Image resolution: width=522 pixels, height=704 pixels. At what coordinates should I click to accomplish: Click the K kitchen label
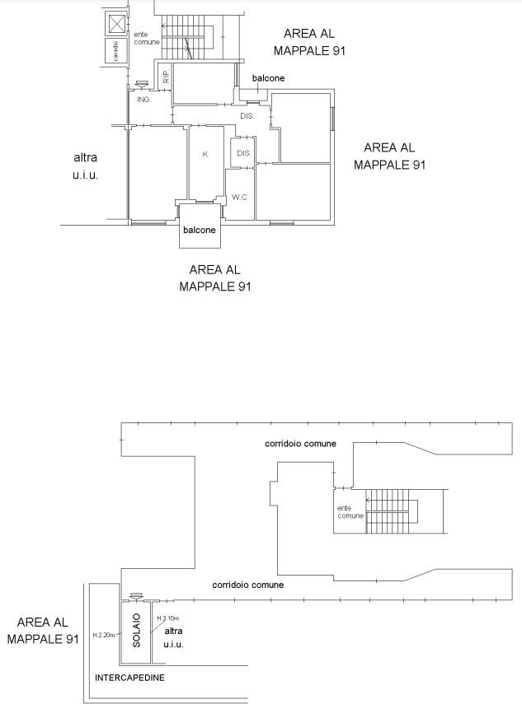205,154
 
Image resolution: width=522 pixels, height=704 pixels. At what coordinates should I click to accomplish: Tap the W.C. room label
240,197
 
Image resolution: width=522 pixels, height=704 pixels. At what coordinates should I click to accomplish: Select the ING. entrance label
143,100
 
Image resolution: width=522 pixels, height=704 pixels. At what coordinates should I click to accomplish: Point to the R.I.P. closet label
166,76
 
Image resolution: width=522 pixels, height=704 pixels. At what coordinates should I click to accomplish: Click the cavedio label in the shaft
115,51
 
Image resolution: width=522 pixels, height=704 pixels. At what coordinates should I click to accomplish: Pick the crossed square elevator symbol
116,23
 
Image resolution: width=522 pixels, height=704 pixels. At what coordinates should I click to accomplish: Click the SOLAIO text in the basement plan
137,631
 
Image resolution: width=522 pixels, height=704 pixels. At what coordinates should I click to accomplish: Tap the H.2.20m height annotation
104,635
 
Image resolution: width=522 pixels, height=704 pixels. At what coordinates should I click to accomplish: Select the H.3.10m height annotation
168,618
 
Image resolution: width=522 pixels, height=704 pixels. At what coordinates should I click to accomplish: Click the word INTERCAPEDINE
129,678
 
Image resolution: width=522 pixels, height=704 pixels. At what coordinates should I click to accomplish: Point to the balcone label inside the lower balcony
200,230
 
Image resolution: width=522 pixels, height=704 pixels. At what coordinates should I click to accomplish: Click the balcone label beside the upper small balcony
268,78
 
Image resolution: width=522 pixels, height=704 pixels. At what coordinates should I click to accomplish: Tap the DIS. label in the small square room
244,153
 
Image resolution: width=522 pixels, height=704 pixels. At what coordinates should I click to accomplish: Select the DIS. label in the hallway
247,116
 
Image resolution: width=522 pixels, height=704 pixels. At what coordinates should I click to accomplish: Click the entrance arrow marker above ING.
141,85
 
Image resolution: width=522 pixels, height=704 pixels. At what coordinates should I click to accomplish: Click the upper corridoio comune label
300,444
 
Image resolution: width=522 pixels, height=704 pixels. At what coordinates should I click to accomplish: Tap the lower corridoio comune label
247,585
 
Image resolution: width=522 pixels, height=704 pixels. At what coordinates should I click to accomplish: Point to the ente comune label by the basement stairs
350,512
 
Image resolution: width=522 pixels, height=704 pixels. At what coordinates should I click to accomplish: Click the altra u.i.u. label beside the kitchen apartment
86,166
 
